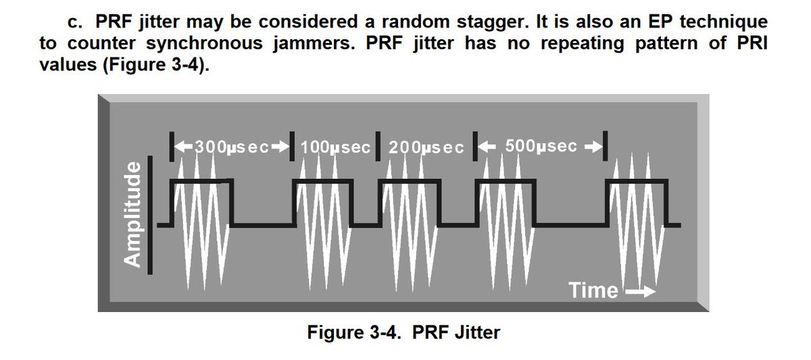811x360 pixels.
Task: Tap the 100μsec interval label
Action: click(336, 147)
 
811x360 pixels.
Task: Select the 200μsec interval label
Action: click(423, 147)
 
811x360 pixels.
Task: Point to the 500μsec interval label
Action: click(541, 147)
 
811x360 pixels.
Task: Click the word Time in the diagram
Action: click(593, 290)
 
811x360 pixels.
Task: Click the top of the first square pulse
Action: click(201, 182)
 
